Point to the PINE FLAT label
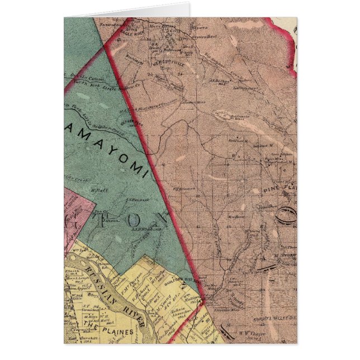[284, 187]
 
